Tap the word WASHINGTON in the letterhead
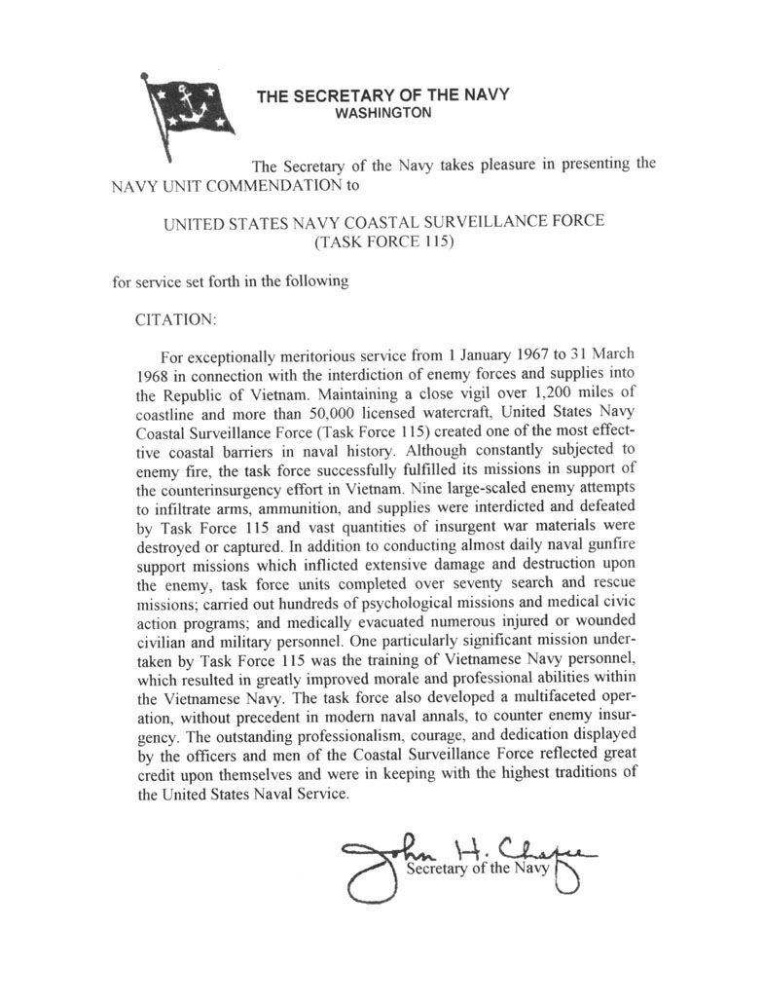[382, 113]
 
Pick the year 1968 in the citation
[154, 373]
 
